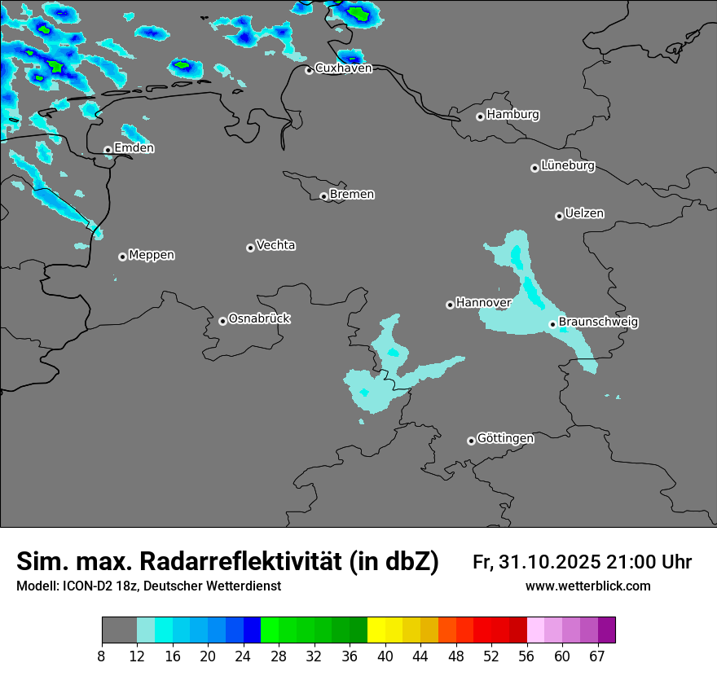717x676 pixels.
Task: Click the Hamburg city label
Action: [512, 115]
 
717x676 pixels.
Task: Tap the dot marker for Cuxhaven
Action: [309, 70]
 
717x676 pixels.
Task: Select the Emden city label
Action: [134, 148]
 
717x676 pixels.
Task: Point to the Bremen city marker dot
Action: [323, 196]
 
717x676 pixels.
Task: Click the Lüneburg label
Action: [567, 165]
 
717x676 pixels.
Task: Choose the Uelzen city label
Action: [584, 213]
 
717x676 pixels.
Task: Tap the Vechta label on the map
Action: [275, 245]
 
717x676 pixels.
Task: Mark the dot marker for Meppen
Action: [122, 257]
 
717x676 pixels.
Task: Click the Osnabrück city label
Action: [259, 318]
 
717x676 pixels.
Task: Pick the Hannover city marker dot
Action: [450, 305]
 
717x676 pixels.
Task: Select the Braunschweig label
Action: [598, 322]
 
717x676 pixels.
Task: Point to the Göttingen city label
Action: [505, 438]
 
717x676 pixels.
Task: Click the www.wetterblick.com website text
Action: [587, 586]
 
